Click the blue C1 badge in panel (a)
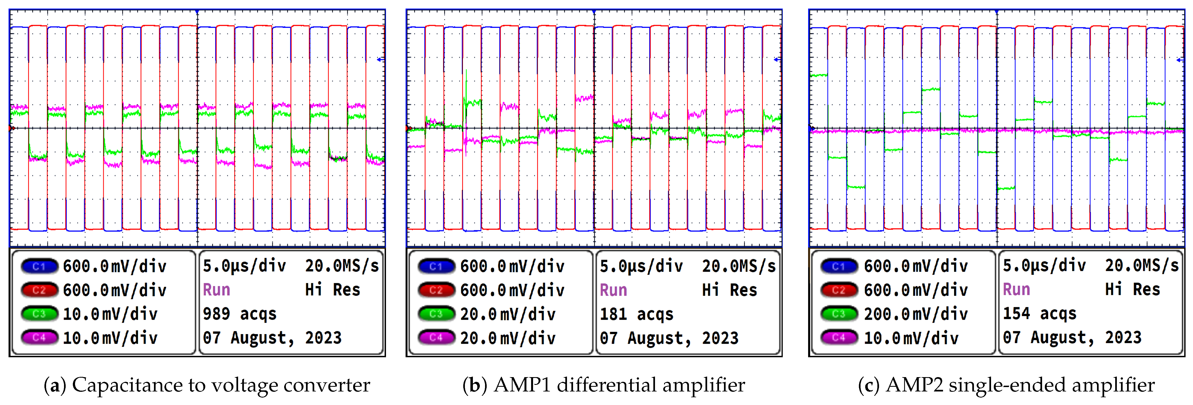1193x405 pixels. tap(39, 266)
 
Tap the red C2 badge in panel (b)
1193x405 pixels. tap(436, 290)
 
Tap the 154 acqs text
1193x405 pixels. tap(1039, 314)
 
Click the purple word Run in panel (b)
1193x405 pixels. tap(613, 290)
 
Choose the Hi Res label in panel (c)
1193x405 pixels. tap(1132, 290)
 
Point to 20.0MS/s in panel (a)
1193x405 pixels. tap(342, 266)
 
